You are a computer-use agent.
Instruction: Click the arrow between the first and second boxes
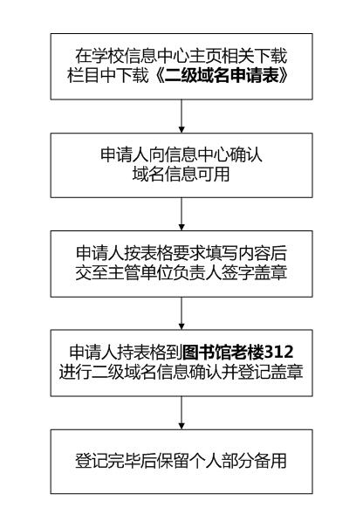181,116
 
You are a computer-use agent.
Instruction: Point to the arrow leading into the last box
181,413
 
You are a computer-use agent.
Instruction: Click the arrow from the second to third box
181,214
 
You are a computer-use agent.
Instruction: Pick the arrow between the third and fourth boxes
181,313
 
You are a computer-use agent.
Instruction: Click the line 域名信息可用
181,174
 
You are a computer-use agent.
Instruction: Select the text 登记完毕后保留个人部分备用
181,461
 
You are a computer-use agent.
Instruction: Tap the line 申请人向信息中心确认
181,154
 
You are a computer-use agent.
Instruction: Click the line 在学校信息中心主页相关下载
181,56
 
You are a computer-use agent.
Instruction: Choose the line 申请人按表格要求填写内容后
181,253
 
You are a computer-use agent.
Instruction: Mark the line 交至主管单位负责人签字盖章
181,272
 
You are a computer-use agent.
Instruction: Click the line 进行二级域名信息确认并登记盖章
181,372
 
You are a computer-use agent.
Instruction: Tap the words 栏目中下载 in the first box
107,75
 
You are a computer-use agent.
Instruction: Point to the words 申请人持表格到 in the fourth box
126,353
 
